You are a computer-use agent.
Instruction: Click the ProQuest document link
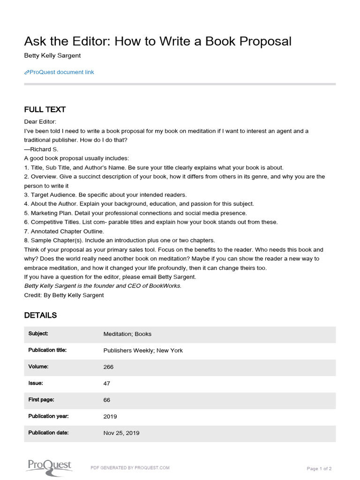[x=60, y=72]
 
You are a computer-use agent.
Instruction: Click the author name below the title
[x=52, y=55]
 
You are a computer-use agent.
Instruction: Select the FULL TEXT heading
[x=45, y=110]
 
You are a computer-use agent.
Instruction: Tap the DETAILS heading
[x=40, y=315]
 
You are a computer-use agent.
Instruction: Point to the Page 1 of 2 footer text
[x=319, y=468]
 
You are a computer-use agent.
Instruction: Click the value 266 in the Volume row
[x=108, y=367]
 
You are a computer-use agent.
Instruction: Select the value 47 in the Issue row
[x=107, y=383]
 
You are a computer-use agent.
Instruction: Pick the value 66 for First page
[x=107, y=400]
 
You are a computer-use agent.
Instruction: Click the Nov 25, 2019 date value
[x=121, y=433]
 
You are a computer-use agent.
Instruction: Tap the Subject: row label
[x=38, y=334]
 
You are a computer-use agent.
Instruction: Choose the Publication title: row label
[x=47, y=350]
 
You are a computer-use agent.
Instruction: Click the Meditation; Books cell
[x=127, y=334]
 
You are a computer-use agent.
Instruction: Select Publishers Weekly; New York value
[x=143, y=351]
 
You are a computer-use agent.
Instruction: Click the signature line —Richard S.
[x=41, y=149]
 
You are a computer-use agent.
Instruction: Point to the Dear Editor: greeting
[x=40, y=122]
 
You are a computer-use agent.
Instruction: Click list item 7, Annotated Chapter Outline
[x=64, y=231]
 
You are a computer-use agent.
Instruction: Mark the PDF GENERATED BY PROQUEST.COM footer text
[x=130, y=468]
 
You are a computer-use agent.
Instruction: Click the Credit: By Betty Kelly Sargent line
[x=64, y=295]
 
